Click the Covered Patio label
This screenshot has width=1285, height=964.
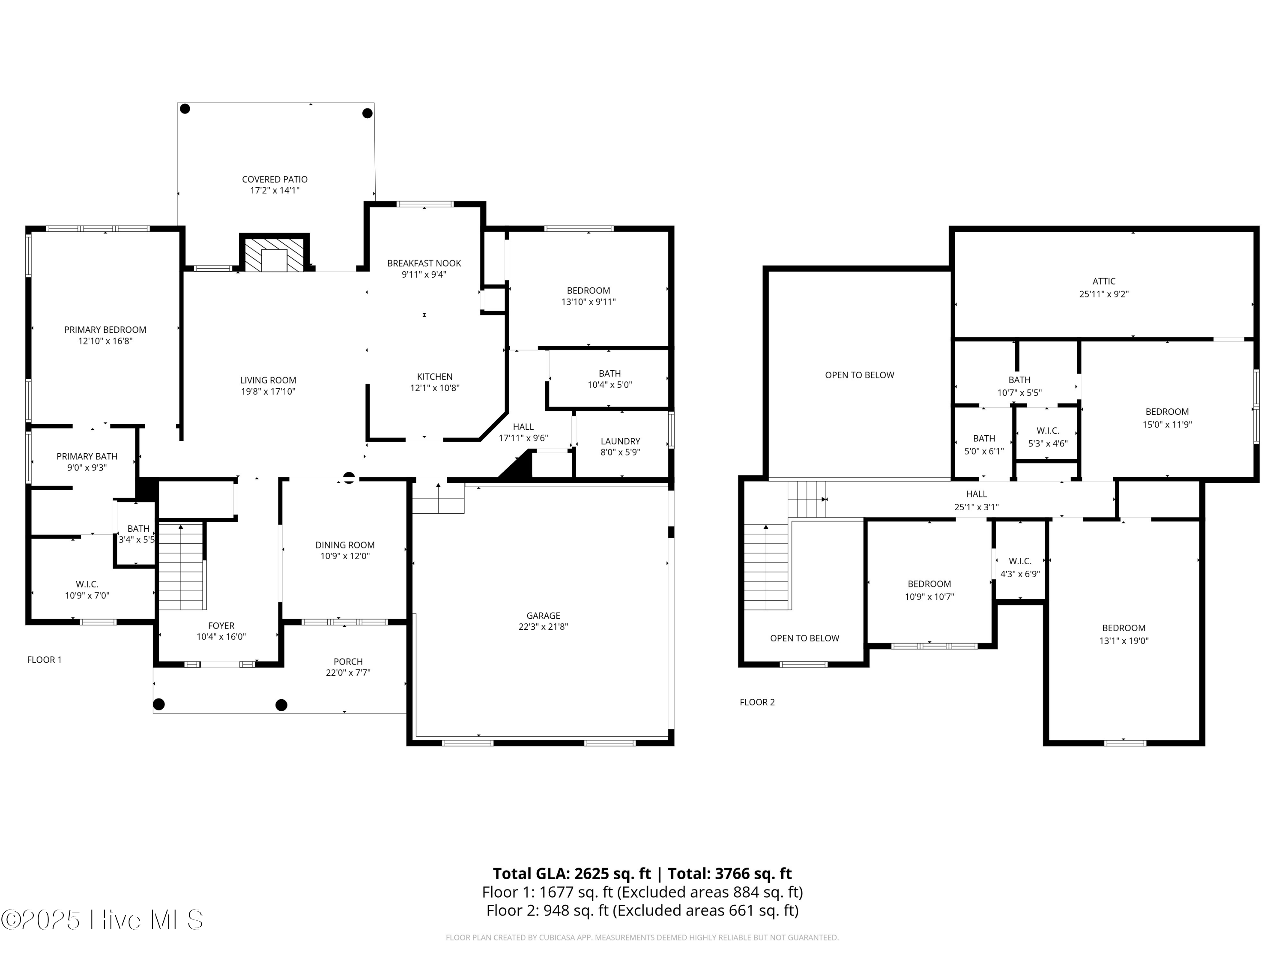[x=275, y=180]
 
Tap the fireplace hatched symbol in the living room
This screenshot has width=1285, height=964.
[x=274, y=253]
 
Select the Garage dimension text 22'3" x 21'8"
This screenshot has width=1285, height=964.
[x=543, y=627]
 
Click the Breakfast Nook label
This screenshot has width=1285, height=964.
[x=424, y=263]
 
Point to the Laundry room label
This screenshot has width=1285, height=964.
[x=620, y=441]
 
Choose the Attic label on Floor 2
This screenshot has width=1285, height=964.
[x=1104, y=281]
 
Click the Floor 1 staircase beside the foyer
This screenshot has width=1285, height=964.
[x=181, y=566]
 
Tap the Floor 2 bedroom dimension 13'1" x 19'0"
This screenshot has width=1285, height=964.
[x=1124, y=641]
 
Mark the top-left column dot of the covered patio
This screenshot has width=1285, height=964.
[x=185, y=109]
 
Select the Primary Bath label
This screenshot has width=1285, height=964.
[x=87, y=456]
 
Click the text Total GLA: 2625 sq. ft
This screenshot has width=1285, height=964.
[x=572, y=873]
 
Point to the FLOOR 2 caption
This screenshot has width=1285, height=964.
[x=757, y=702]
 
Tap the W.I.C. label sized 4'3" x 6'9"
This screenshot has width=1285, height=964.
[x=1020, y=561]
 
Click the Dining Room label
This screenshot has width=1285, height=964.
[x=345, y=545]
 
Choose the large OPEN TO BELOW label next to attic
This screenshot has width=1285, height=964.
[x=859, y=375]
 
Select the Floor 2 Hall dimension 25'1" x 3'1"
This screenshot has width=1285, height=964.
[x=977, y=507]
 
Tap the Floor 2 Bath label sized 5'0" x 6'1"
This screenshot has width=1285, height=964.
[x=984, y=439]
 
